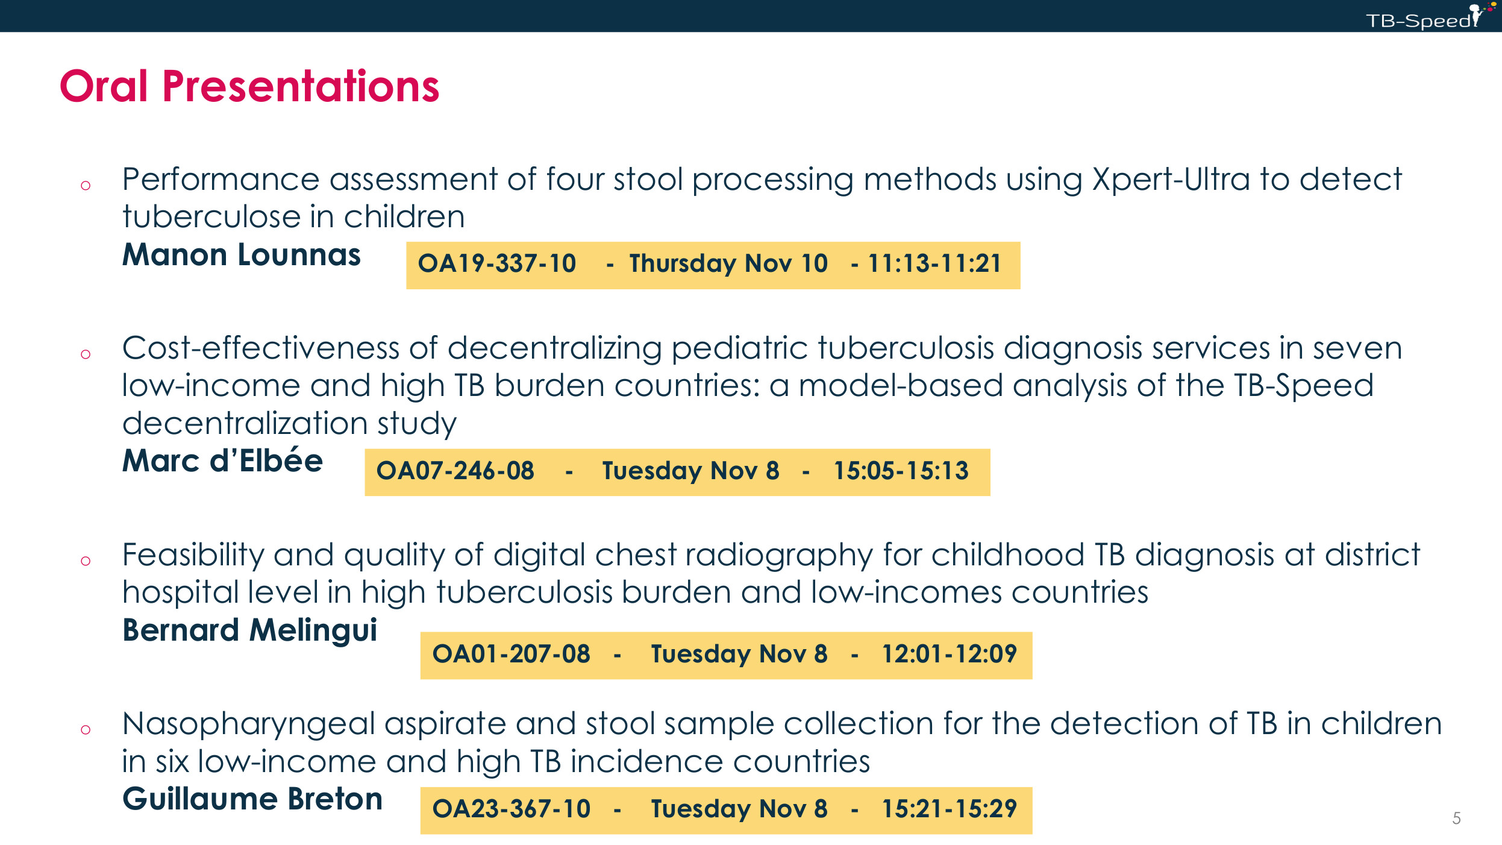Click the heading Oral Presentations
coord(249,86)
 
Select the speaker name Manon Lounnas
coord(242,254)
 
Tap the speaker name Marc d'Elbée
coord(222,460)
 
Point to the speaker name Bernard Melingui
coord(249,630)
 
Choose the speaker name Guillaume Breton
coord(252,799)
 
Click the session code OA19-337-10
coord(497,263)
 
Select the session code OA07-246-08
coord(455,471)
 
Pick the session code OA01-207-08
coord(512,654)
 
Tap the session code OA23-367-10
coord(512,809)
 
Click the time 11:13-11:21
coord(934,263)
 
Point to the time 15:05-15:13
coord(901,471)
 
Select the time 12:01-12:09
coord(950,654)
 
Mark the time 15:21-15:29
coord(950,809)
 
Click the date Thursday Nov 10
coord(729,264)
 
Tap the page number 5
coord(1456,818)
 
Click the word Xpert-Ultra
coord(1171,180)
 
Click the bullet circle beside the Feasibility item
coord(86,561)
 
